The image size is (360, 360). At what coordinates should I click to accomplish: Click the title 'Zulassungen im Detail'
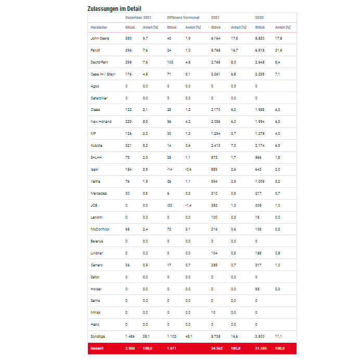point(114,9)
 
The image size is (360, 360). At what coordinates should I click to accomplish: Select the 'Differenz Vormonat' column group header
point(183,18)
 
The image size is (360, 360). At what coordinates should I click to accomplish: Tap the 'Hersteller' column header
point(99,27)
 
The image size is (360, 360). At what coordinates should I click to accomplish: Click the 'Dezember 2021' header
point(138,18)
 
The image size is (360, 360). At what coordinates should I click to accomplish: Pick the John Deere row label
point(100,38)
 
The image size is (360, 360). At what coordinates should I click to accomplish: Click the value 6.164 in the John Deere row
point(216,38)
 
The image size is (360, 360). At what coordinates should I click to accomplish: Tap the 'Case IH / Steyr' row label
point(102,74)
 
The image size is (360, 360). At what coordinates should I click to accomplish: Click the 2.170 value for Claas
point(216,110)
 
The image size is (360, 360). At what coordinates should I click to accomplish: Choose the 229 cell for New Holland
point(128,122)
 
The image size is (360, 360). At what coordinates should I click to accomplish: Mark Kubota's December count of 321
point(128,146)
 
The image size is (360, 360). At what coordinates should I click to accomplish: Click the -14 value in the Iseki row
point(170,170)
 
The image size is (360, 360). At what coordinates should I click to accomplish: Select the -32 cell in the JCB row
point(170,205)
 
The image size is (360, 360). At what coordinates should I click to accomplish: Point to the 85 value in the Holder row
point(258,289)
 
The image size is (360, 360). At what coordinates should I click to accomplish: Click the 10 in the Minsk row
point(213,313)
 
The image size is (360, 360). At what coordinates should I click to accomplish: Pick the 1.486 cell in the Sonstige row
point(130,337)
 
